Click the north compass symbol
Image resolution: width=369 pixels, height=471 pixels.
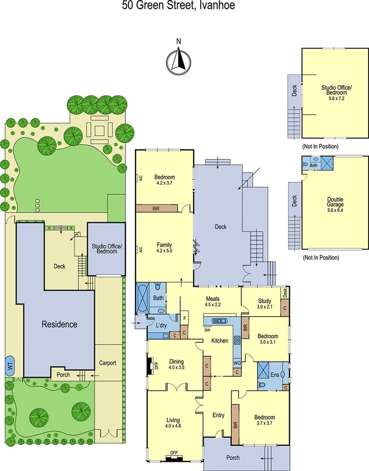[178, 62]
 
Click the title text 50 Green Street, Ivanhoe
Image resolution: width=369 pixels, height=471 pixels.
[178, 6]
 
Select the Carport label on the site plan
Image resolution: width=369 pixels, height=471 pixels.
[108, 362]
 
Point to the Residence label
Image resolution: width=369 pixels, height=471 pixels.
[59, 324]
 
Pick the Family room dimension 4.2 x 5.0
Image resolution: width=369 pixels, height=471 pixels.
[164, 250]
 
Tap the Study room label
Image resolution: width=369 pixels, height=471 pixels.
[264, 301]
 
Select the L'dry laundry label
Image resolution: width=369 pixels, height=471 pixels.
[161, 325]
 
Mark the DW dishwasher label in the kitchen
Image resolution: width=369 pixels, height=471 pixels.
[207, 330]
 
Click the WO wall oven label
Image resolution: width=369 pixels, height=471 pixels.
[237, 362]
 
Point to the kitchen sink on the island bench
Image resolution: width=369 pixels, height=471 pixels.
[220, 321]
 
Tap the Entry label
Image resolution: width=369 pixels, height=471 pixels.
[219, 415]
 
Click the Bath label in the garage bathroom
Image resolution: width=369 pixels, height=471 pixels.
[314, 165]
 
